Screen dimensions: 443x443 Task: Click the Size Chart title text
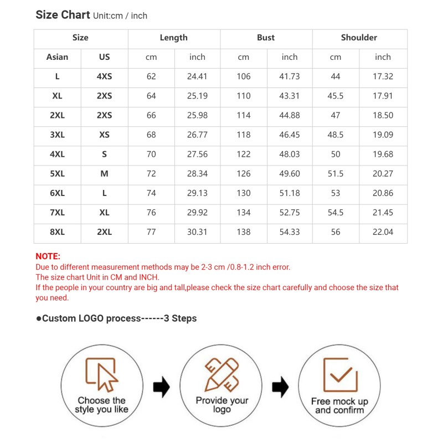tap(63, 15)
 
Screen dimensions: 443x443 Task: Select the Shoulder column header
tap(359, 38)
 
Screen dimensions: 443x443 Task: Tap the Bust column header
tap(266, 38)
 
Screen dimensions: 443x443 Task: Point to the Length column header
tap(173, 38)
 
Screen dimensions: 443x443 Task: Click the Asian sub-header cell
tap(57, 57)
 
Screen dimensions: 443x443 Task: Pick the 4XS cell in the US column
tap(104, 76)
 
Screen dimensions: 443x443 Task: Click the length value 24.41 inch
tap(197, 76)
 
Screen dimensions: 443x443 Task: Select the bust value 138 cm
tap(244, 232)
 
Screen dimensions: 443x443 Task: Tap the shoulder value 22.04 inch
tap(383, 232)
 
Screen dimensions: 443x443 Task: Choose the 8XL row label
tap(57, 232)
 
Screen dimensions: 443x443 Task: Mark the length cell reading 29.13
tap(197, 193)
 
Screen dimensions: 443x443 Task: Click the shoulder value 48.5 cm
tap(336, 135)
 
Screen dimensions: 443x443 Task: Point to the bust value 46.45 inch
tap(290, 135)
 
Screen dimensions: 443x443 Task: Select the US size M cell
tap(104, 174)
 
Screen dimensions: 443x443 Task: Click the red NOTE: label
tap(48, 256)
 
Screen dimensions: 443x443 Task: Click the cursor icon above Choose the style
tap(101, 374)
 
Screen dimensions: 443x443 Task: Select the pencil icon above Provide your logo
tap(221, 374)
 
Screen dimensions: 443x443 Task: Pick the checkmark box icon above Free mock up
tap(339, 374)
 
